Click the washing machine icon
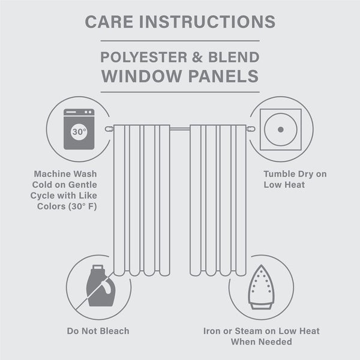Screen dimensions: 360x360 pos(79,128)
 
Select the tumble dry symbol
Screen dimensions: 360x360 pos(281,129)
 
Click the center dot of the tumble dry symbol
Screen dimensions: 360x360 pos(281,130)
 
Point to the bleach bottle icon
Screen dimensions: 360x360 pos(100,287)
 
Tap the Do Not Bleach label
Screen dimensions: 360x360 pos(97,331)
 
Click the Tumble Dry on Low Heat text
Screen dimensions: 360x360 pos(295,179)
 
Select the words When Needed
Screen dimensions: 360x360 pos(261,341)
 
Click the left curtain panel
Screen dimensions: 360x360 pos(142,198)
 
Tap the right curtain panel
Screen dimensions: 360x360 pos(218,198)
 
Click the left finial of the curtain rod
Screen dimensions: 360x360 pos(109,128)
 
